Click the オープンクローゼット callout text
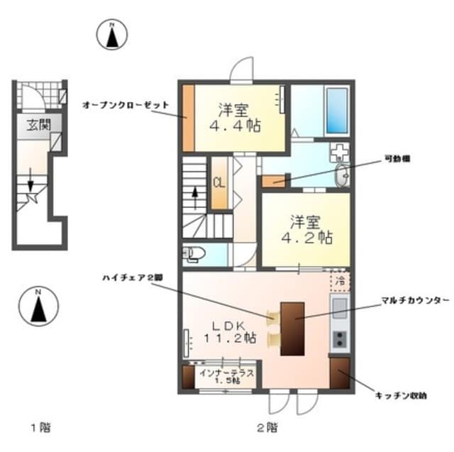click(126, 104)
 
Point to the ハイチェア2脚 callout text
click(131, 278)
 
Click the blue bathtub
click(336, 111)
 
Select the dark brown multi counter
click(292, 329)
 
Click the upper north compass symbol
click(112, 35)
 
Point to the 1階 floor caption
click(40, 427)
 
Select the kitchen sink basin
click(339, 307)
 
